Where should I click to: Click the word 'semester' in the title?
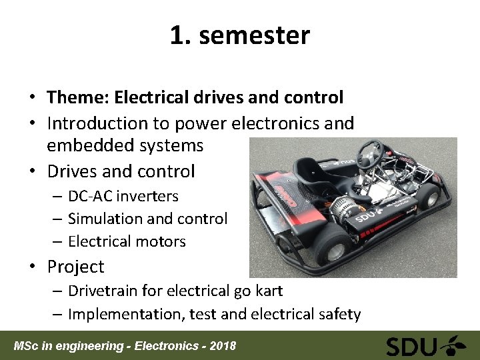(254, 35)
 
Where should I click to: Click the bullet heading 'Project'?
(75, 267)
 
